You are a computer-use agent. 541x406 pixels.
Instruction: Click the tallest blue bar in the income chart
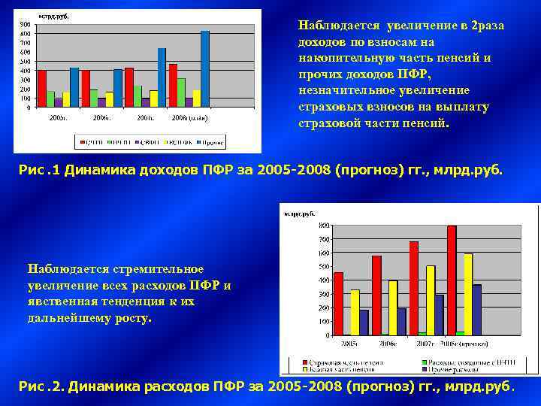(x=205, y=68)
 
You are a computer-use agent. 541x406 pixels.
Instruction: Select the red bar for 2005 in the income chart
(x=42, y=88)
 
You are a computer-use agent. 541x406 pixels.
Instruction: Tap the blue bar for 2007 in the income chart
(x=162, y=77)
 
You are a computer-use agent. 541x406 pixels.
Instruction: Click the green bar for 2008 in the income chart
(x=181, y=92)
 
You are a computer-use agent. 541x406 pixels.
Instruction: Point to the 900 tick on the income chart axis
(x=25, y=24)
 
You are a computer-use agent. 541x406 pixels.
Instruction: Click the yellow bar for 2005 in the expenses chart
(x=355, y=312)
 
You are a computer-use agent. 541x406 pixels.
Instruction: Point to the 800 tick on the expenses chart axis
(x=322, y=225)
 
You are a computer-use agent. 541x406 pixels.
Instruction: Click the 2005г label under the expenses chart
(x=349, y=342)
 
